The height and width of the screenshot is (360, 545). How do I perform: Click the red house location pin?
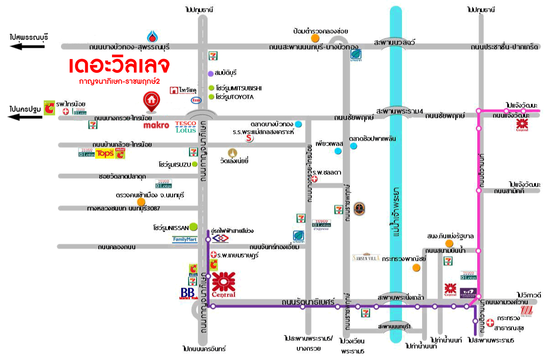(x=150, y=101)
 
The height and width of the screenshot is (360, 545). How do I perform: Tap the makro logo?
(x=156, y=125)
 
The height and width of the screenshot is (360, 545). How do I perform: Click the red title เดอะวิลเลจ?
(x=119, y=66)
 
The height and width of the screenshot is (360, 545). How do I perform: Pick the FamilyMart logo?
(x=185, y=239)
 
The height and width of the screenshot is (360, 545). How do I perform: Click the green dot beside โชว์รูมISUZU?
(x=195, y=164)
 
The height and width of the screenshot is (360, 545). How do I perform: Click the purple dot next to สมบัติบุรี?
(x=210, y=73)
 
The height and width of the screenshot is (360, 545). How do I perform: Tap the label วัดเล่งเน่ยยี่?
(x=236, y=161)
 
